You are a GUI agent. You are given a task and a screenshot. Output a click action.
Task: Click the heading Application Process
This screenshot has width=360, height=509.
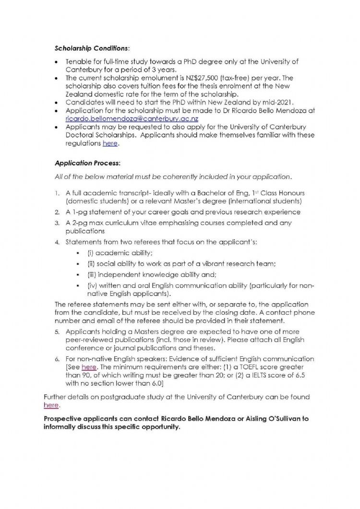point(80,163)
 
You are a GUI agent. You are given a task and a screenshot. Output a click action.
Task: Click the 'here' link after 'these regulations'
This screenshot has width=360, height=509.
point(110,143)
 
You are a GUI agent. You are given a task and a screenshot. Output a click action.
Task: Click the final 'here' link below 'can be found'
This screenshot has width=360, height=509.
point(51,405)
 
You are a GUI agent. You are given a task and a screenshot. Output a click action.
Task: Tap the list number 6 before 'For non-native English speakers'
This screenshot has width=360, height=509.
point(57,359)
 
